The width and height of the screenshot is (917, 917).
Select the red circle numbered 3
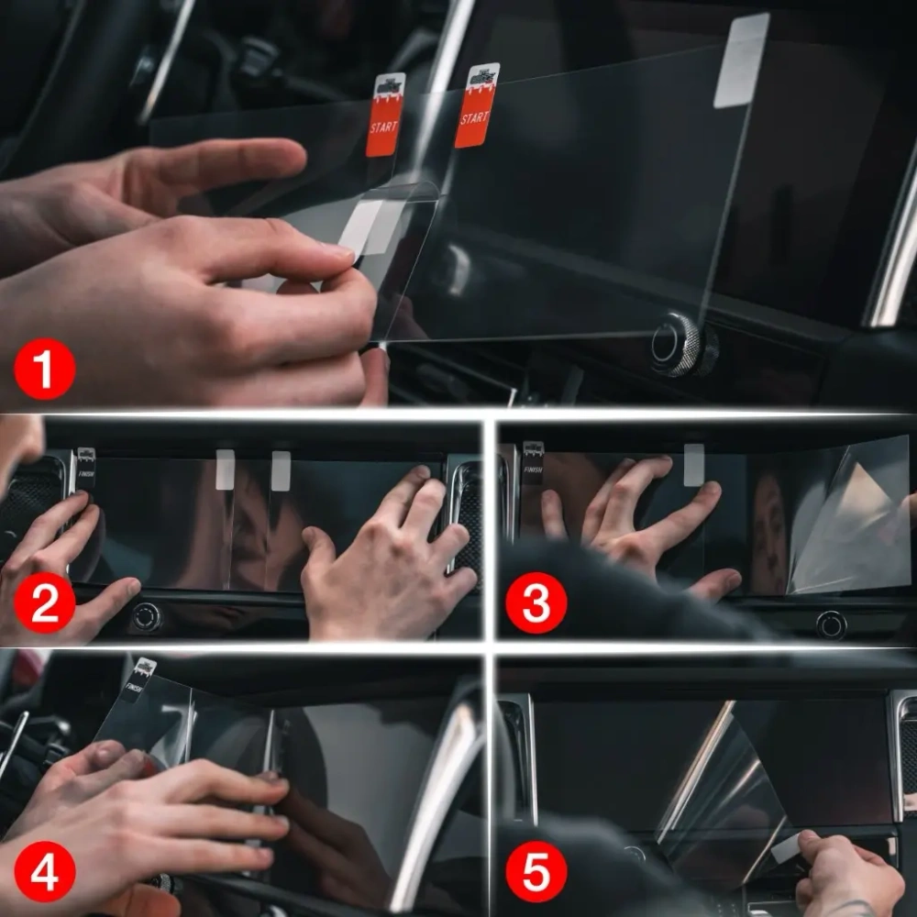[x=536, y=603]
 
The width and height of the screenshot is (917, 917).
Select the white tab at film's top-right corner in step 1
[x=741, y=61]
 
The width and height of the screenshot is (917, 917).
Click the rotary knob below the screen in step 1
[x=677, y=344]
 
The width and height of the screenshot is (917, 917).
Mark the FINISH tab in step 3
[x=533, y=462]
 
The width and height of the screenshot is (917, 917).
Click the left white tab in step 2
[x=225, y=470]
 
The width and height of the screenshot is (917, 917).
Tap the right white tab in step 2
[x=281, y=470]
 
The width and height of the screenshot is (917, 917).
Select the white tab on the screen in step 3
[x=694, y=464]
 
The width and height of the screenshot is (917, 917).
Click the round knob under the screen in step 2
[x=147, y=616]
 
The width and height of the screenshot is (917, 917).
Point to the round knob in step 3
[x=832, y=624]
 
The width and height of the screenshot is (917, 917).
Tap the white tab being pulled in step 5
[x=786, y=849]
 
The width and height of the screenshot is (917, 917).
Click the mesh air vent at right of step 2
[x=465, y=518]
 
